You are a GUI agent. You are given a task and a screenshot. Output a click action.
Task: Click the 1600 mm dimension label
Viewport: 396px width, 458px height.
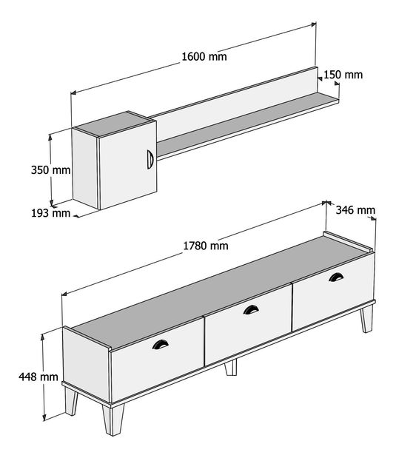pos(204,56)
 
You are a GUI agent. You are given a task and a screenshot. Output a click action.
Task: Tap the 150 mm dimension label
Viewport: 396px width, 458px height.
pos(343,74)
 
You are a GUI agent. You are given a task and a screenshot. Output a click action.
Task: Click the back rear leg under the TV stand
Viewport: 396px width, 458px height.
pos(230,367)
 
